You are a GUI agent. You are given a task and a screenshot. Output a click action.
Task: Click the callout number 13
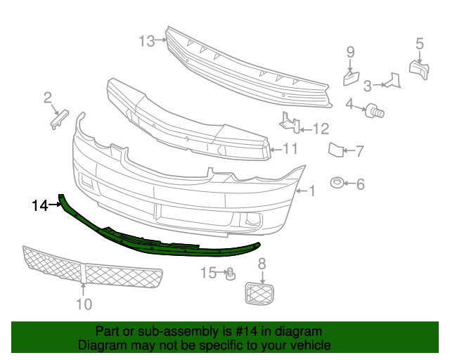click(146, 41)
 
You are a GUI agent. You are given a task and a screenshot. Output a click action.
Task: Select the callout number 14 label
click(39, 206)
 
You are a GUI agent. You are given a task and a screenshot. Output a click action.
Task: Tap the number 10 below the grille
click(84, 304)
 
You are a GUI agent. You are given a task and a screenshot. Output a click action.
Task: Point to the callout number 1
click(312, 191)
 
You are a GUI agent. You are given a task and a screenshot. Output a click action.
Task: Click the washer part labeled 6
click(337, 184)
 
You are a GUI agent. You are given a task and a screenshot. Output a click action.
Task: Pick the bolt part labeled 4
click(373, 110)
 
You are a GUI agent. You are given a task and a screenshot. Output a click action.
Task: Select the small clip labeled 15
click(229, 274)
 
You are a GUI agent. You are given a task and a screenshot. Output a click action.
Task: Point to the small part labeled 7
click(335, 149)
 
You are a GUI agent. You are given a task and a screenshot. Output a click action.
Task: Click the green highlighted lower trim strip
click(162, 240)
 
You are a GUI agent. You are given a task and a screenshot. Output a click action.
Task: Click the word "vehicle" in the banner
click(310, 345)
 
